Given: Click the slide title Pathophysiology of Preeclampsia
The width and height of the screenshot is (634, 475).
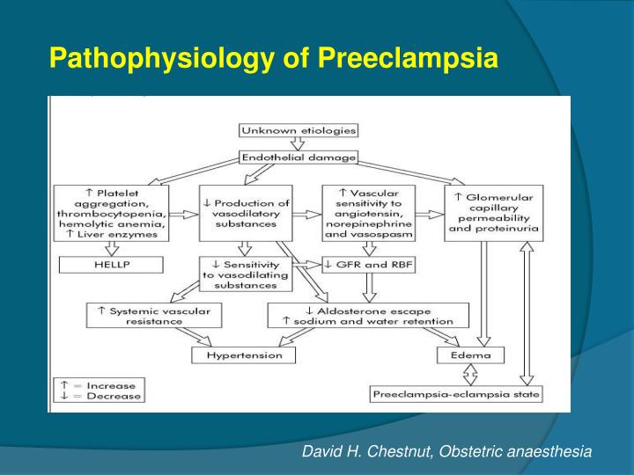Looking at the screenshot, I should (274, 59).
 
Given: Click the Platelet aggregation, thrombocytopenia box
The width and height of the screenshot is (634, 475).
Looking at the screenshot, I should (111, 212).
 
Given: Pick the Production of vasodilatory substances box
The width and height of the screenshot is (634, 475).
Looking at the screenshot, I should (245, 212).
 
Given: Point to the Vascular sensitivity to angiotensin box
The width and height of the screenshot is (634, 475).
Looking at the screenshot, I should (367, 212).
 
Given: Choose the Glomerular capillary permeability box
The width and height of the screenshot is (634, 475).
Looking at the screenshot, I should (494, 212).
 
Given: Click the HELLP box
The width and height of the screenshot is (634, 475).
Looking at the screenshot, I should (111, 263).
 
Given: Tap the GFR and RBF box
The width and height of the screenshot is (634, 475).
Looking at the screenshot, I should (367, 263).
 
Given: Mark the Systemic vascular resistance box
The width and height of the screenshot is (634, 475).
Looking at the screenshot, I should (154, 315).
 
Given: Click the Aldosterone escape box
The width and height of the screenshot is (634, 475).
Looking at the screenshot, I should (368, 315).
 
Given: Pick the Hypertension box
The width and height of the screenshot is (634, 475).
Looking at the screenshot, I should (244, 354).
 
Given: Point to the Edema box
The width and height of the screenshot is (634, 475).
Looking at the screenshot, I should (471, 354).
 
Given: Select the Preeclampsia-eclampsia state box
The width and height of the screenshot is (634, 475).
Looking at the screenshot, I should (456, 394).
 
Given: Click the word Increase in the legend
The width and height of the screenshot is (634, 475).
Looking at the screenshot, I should (110, 385).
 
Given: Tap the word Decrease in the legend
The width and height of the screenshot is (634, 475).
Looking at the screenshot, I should (110, 396).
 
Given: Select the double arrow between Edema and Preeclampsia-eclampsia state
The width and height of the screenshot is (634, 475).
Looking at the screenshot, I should (471, 375).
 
